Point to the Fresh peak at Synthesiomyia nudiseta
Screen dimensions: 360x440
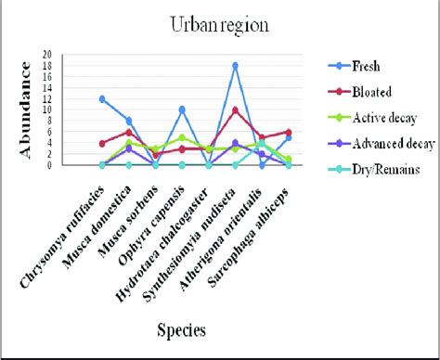236,66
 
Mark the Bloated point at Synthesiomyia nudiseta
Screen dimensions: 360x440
236,109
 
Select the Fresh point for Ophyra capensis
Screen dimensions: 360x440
182,109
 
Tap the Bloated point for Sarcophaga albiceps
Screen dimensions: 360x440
289,132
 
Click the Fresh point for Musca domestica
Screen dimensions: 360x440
129,121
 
